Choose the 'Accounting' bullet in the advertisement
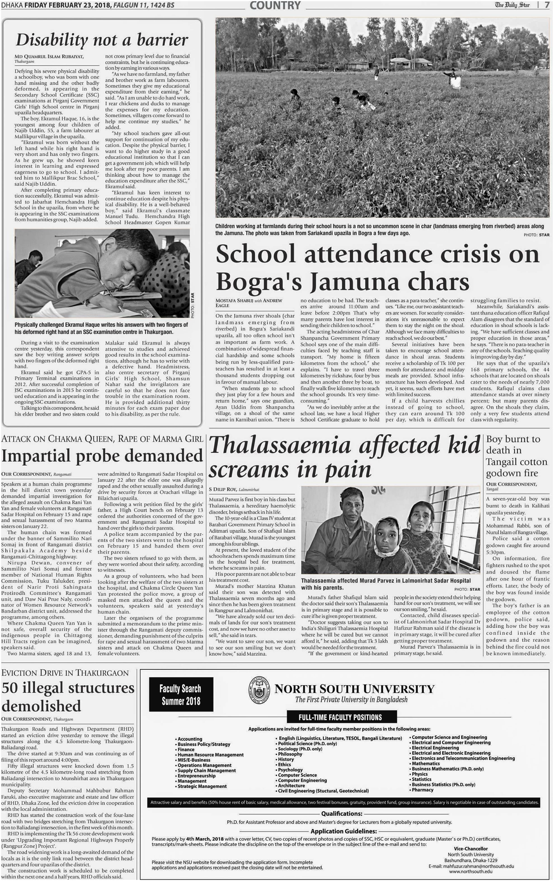[190, 739]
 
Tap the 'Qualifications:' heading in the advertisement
[342, 813]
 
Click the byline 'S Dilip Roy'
[223, 489]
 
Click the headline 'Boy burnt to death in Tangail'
[516, 456]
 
